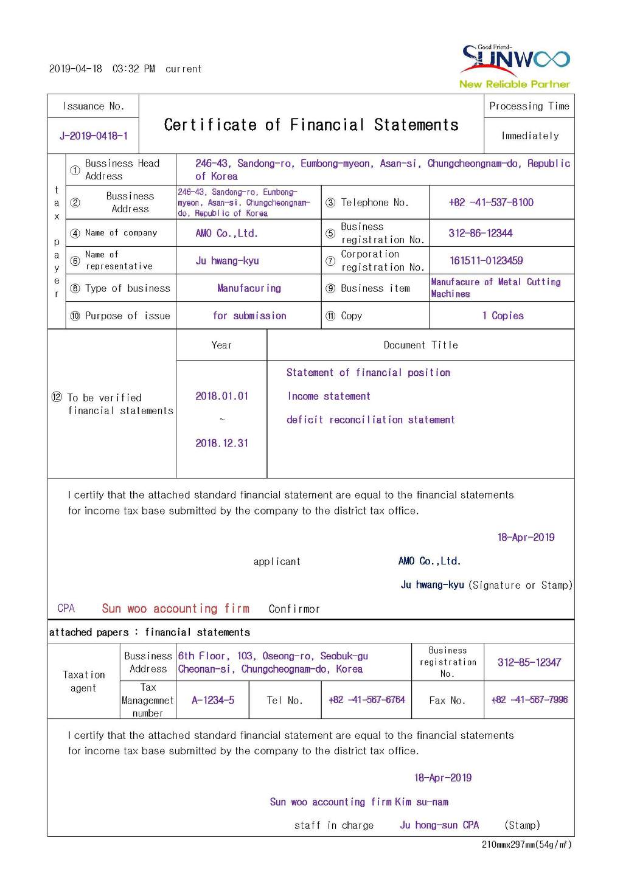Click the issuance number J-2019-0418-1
pyautogui.click(x=94, y=136)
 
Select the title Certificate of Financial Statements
pyautogui.click(x=311, y=125)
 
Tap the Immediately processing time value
pyautogui.click(x=530, y=136)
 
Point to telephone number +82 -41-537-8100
pyautogui.click(x=490, y=203)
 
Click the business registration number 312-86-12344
pyautogui.click(x=480, y=233)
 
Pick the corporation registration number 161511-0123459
pyautogui.click(x=486, y=260)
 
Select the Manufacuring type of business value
pyautogui.click(x=249, y=288)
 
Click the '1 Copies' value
pyautogui.click(x=503, y=316)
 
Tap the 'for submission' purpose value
pyautogui.click(x=249, y=316)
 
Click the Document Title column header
pyautogui.click(x=420, y=345)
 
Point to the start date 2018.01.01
pyautogui.click(x=221, y=396)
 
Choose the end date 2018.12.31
pyautogui.click(x=221, y=443)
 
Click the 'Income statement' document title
pyautogui.click(x=329, y=396)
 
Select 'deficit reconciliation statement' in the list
pyautogui.click(x=371, y=420)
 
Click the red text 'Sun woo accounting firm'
pyautogui.click(x=175, y=608)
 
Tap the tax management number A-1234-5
pyautogui.click(x=212, y=700)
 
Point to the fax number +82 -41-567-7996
pyautogui.click(x=529, y=700)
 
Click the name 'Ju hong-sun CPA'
pyautogui.click(x=439, y=825)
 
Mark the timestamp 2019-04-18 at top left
pyautogui.click(x=75, y=69)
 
